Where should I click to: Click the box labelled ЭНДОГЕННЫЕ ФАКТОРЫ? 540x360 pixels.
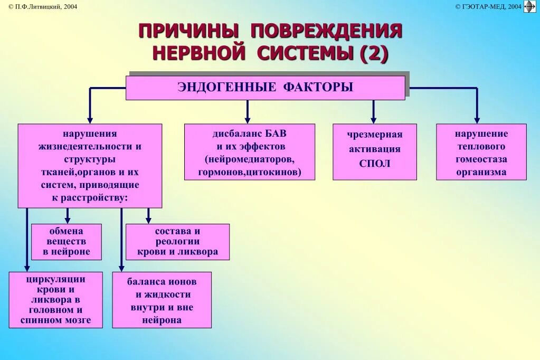point(265,88)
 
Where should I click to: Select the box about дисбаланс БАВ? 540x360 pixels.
point(249,152)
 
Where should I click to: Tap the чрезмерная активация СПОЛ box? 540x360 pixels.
point(374,152)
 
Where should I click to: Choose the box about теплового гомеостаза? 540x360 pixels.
point(481,152)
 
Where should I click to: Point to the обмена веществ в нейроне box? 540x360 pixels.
point(67,242)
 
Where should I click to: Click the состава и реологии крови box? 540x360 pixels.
point(177,242)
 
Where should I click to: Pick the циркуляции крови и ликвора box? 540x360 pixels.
point(55,299)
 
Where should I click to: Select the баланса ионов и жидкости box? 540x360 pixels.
point(162,299)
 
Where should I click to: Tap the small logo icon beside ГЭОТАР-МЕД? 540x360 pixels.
point(529,6)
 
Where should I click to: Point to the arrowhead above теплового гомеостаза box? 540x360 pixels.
point(477,119)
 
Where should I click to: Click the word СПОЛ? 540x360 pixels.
point(374,163)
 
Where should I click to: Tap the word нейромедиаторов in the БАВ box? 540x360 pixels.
point(249,159)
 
